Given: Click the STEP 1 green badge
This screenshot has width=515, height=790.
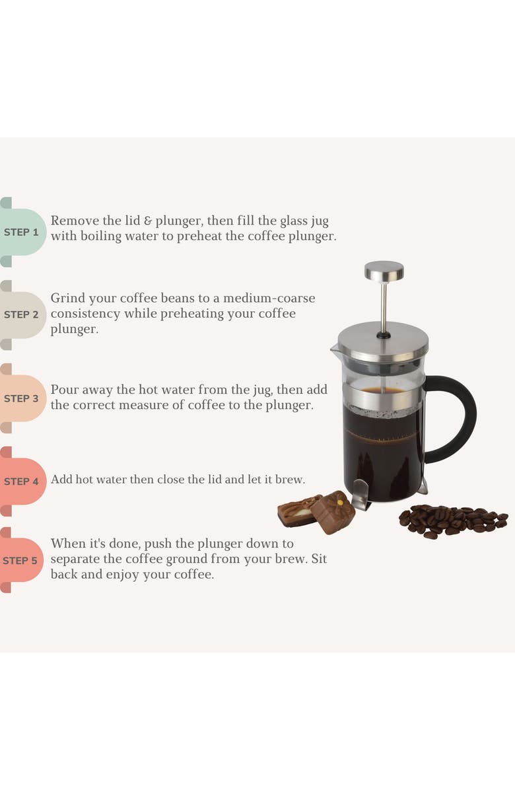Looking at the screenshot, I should (22, 233).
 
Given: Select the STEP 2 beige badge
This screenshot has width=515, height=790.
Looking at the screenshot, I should (22, 315).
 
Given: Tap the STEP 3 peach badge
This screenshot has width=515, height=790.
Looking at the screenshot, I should (22, 398).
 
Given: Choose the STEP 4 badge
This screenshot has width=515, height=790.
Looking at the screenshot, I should (22, 482).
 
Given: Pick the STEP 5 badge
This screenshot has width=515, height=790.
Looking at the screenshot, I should (22, 561).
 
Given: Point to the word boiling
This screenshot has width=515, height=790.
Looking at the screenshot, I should (104, 236).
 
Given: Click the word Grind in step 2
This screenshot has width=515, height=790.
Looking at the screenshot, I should (67, 298).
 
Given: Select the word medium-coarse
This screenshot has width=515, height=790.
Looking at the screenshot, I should (269, 298).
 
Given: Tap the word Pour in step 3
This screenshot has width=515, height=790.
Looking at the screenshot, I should (64, 390).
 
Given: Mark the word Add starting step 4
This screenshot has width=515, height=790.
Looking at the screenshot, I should (61, 480).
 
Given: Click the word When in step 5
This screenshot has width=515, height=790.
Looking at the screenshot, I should (68, 544).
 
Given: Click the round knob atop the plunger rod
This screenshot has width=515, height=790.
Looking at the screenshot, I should (384, 270).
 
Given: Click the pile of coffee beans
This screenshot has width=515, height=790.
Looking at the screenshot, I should (453, 520).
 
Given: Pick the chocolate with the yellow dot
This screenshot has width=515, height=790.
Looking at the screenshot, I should (333, 510).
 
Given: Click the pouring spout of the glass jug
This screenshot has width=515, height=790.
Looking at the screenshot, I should (335, 347).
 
